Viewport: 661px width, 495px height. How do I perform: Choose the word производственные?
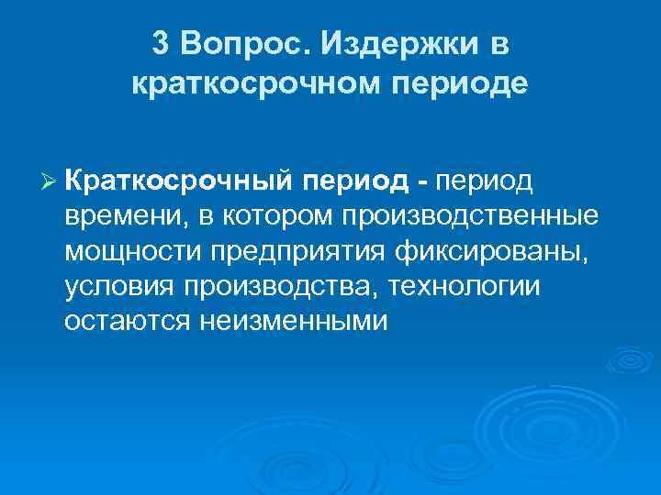click(x=471, y=217)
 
